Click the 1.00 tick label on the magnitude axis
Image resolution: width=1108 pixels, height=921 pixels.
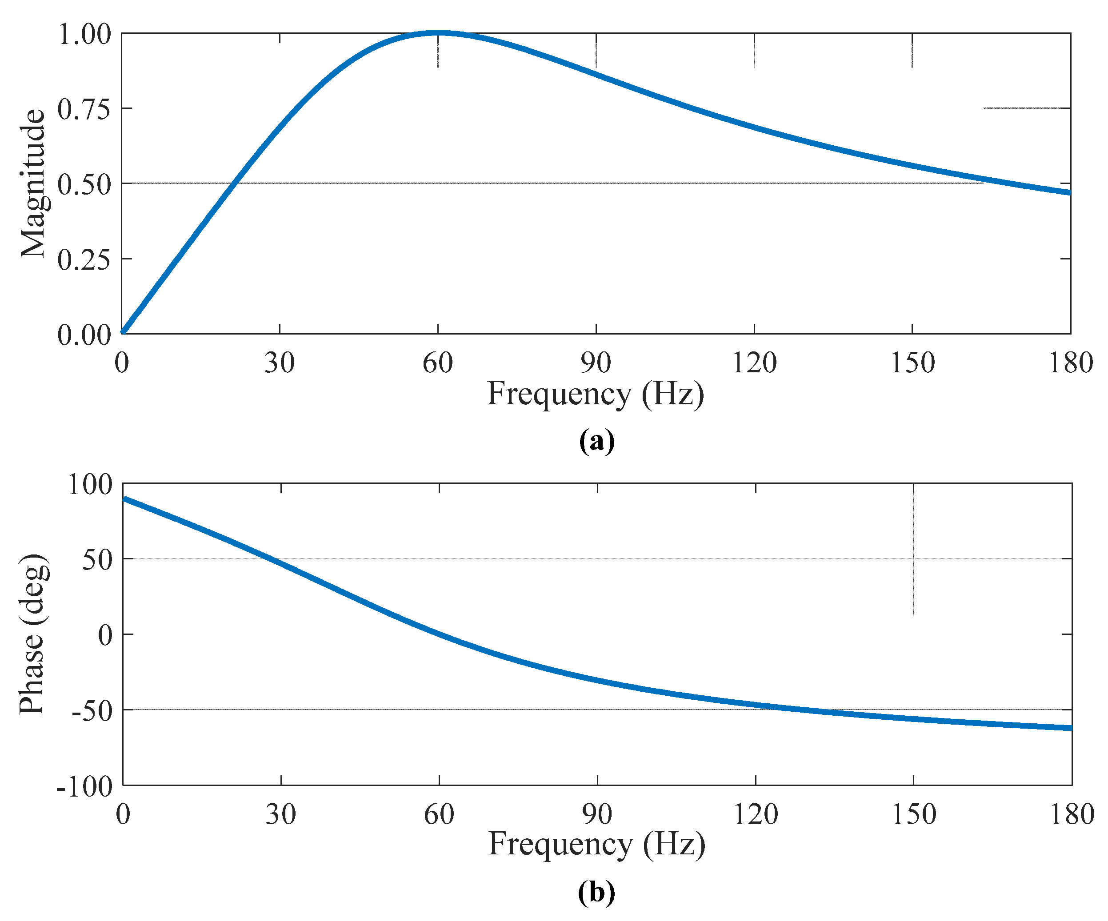click(84, 35)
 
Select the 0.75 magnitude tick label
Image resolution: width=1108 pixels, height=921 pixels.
click(84, 110)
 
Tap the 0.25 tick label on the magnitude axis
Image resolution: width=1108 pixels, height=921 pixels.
click(84, 260)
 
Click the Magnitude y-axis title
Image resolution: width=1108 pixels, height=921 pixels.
click(33, 183)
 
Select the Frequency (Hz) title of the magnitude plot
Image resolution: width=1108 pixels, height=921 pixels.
click(595, 395)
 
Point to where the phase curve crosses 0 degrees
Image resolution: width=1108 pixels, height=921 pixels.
click(439, 634)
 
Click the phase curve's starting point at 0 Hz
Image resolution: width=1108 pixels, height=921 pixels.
click(124, 498)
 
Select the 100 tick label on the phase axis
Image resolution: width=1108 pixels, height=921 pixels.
click(90, 484)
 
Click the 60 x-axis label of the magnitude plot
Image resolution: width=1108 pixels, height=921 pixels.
click(438, 363)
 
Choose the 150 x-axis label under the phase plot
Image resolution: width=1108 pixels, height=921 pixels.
click(914, 815)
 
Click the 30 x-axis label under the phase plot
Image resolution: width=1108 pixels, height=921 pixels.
click(281, 815)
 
